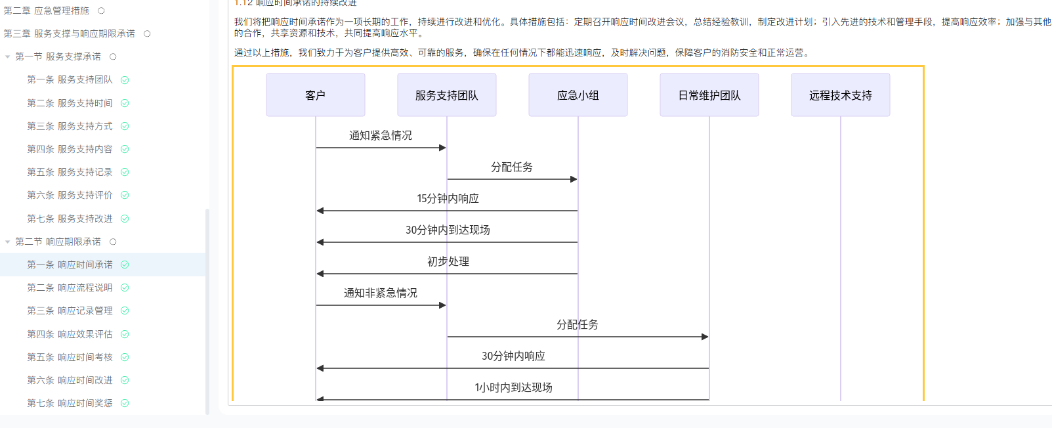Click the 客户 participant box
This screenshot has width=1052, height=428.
(x=316, y=95)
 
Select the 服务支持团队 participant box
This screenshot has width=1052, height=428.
(x=447, y=95)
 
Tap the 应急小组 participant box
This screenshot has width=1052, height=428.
(x=578, y=95)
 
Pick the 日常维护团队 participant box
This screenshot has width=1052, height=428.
(x=709, y=95)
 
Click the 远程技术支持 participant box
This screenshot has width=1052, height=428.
(x=840, y=95)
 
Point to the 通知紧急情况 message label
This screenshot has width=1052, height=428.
(x=381, y=135)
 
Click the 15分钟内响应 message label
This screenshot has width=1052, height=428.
(x=448, y=198)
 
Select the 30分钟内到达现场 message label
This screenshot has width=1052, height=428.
(x=448, y=230)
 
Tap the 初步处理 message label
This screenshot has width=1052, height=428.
(x=448, y=261)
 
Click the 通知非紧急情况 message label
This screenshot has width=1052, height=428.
(x=381, y=293)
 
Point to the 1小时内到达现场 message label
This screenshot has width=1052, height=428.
(x=513, y=387)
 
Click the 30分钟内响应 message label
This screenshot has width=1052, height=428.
(x=513, y=356)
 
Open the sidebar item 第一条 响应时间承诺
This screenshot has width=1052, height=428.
(x=70, y=265)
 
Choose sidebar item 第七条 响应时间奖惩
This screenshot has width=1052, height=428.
(x=70, y=403)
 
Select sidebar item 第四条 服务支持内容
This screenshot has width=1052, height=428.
(x=70, y=149)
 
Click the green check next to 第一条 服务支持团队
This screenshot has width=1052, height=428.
(x=125, y=80)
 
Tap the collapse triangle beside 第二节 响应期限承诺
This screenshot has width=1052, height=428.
(x=7, y=242)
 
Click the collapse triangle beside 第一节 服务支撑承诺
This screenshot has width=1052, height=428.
(x=7, y=57)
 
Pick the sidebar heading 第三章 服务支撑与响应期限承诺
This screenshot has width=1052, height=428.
(x=69, y=34)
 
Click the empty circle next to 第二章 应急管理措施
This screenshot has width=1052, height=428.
(x=101, y=11)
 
